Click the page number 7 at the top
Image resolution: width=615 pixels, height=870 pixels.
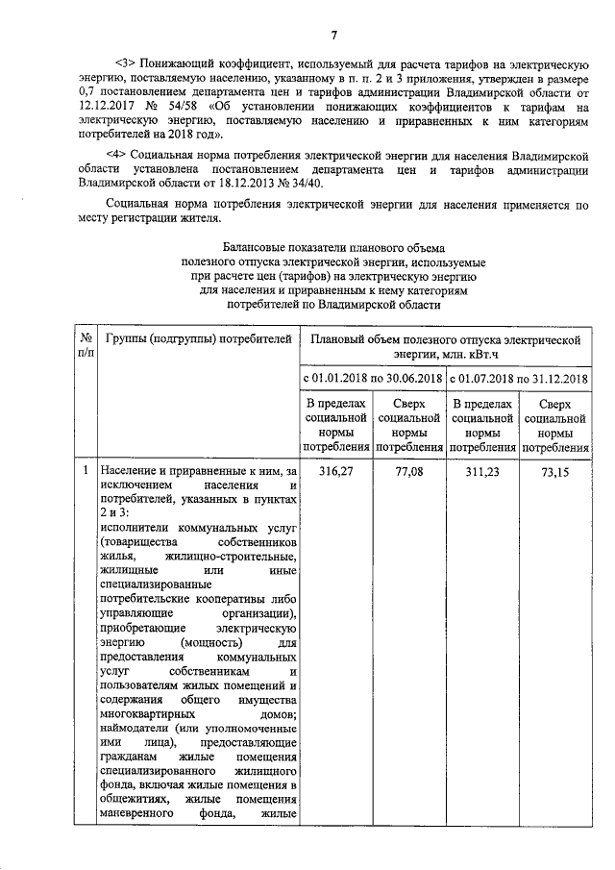[333, 37]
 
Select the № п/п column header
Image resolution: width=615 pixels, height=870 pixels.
[86, 346]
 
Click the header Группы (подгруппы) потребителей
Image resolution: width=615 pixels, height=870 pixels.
[197, 338]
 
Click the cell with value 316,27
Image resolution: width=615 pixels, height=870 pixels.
[336, 471]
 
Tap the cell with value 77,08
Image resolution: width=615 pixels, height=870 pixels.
[409, 471]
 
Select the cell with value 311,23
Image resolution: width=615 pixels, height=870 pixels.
[482, 471]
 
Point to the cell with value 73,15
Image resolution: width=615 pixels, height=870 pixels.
[555, 471]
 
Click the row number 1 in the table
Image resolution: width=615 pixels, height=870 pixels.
[86, 471]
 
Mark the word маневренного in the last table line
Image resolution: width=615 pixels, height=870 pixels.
[135, 815]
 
